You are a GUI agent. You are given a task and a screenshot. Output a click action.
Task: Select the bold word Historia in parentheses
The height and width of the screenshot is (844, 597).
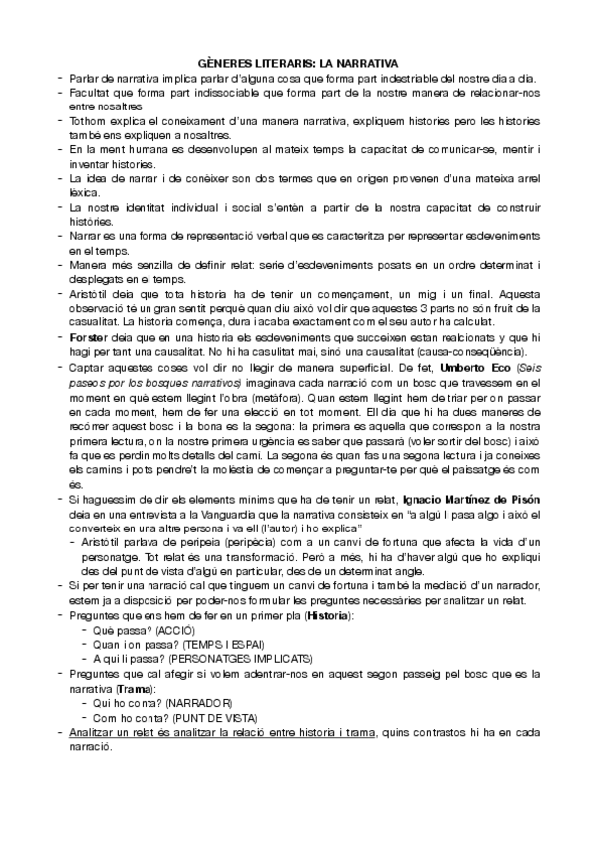[x=330, y=617]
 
